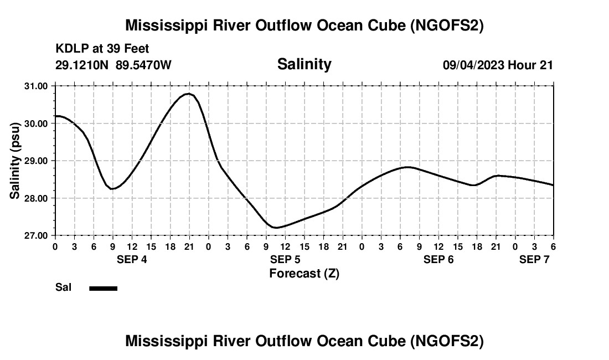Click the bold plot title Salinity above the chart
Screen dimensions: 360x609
[x=304, y=64]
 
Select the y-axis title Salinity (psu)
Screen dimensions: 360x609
[x=15, y=160]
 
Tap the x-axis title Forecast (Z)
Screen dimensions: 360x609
[x=304, y=274]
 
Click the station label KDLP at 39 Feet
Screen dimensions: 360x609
[x=102, y=49]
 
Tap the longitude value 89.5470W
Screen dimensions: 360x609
[x=143, y=65]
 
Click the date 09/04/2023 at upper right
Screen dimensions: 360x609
[x=473, y=65]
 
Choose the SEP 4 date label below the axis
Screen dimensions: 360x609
[x=132, y=259]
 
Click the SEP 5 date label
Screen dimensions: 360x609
[x=285, y=259]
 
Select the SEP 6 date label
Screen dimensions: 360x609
[x=438, y=259]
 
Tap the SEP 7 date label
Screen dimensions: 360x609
[x=534, y=259]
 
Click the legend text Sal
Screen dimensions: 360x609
[x=64, y=287]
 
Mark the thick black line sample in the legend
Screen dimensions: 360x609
[x=104, y=288]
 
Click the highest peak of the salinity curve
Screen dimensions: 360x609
[x=189, y=94]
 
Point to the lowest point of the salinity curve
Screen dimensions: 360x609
[x=275, y=228]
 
